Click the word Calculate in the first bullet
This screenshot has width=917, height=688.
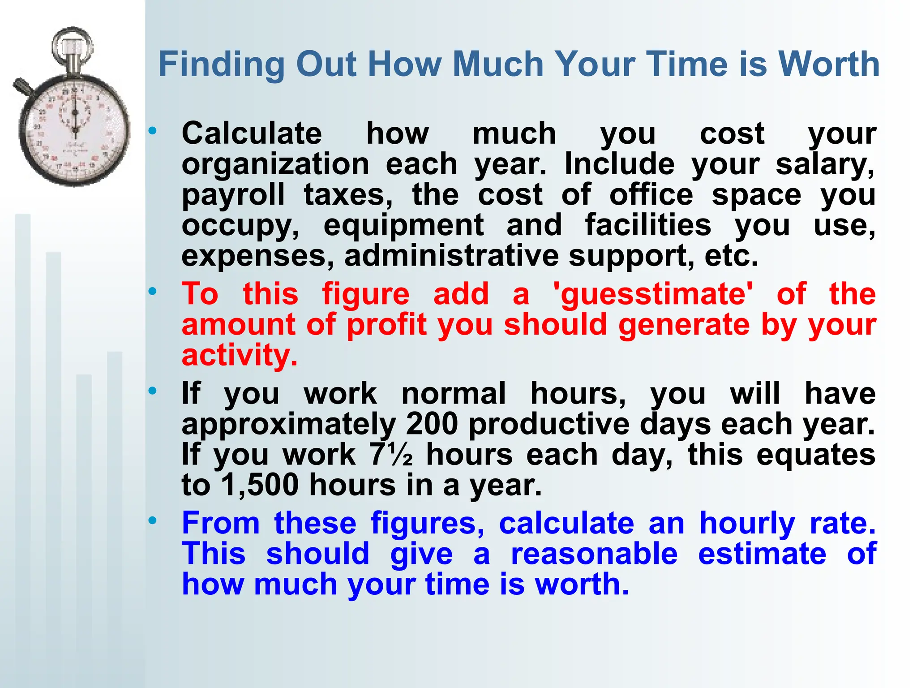(252, 133)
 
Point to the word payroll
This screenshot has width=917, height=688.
(233, 195)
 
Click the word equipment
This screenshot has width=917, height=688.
(403, 225)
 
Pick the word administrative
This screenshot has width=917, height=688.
(451, 256)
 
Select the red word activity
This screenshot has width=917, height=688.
(239, 355)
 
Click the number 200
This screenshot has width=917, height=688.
(432, 424)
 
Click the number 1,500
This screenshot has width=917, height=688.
(260, 485)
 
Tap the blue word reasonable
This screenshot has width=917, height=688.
(594, 554)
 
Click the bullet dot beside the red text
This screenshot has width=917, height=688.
(153, 292)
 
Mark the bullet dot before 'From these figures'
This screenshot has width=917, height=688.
(153, 520)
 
